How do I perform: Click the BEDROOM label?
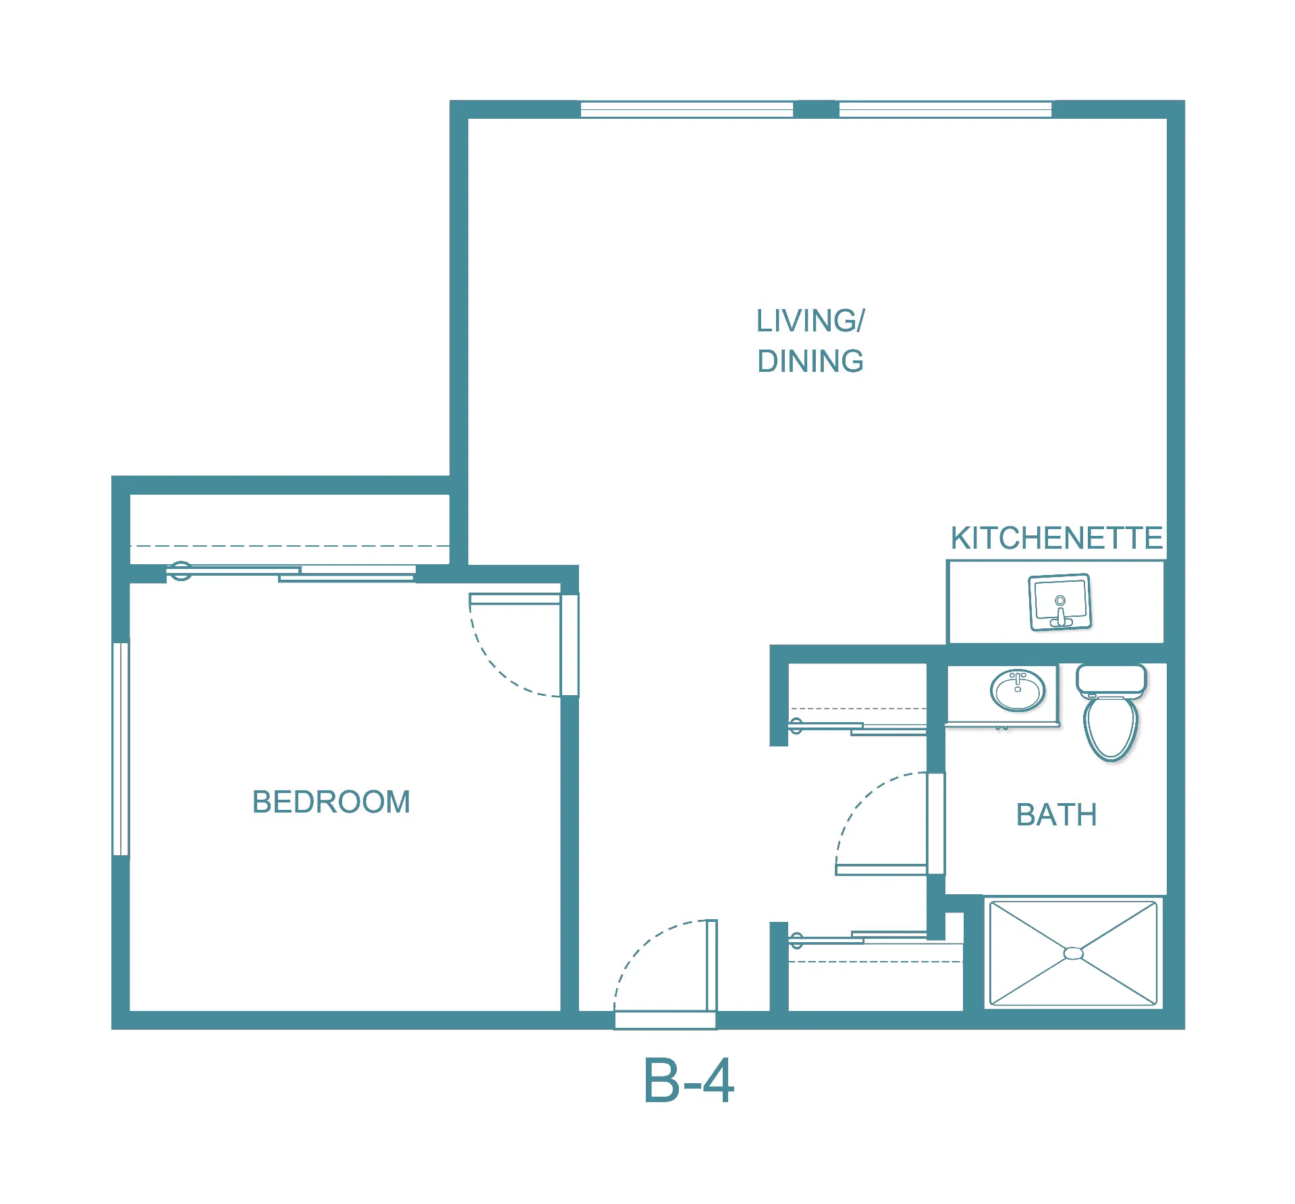click(x=331, y=802)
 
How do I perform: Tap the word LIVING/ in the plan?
click(x=810, y=321)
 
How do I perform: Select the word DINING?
click(x=810, y=361)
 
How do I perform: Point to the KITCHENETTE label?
click(x=1056, y=538)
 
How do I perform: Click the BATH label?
click(x=1057, y=815)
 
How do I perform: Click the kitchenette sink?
click(x=1059, y=602)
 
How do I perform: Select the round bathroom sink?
click(x=1018, y=690)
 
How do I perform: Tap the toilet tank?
click(x=1111, y=681)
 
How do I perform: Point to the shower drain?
click(x=1073, y=953)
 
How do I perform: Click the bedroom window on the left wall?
click(x=121, y=749)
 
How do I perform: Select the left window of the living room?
click(x=687, y=109)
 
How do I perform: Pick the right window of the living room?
click(x=945, y=109)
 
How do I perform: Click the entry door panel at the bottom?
click(x=711, y=966)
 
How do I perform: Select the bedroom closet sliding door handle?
click(x=180, y=571)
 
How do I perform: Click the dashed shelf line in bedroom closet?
click(x=290, y=545)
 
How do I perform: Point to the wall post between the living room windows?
click(x=816, y=109)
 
